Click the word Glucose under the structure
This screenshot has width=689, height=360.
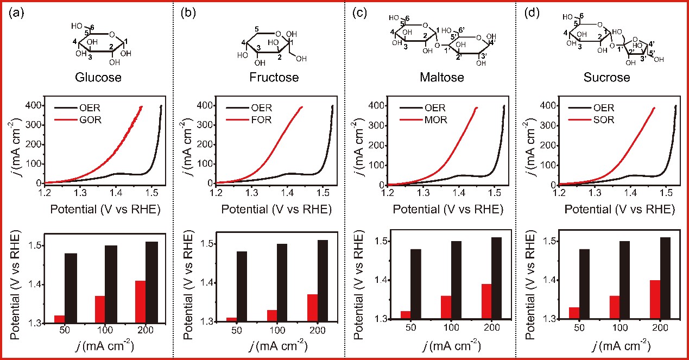pos(98,78)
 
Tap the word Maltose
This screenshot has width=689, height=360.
pos(442,78)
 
